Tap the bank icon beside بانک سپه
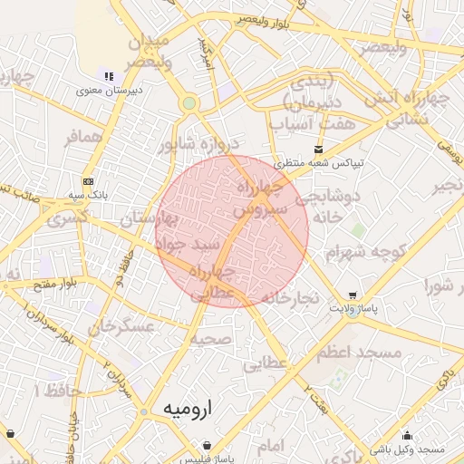point(87,181)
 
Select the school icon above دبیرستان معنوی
point(109,76)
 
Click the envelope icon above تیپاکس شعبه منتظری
point(317,150)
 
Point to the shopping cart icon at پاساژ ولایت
point(352,295)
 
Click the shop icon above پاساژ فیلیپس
point(209,445)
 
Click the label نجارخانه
point(290,298)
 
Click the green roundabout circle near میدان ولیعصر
point(188,103)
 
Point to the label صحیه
point(212,338)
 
